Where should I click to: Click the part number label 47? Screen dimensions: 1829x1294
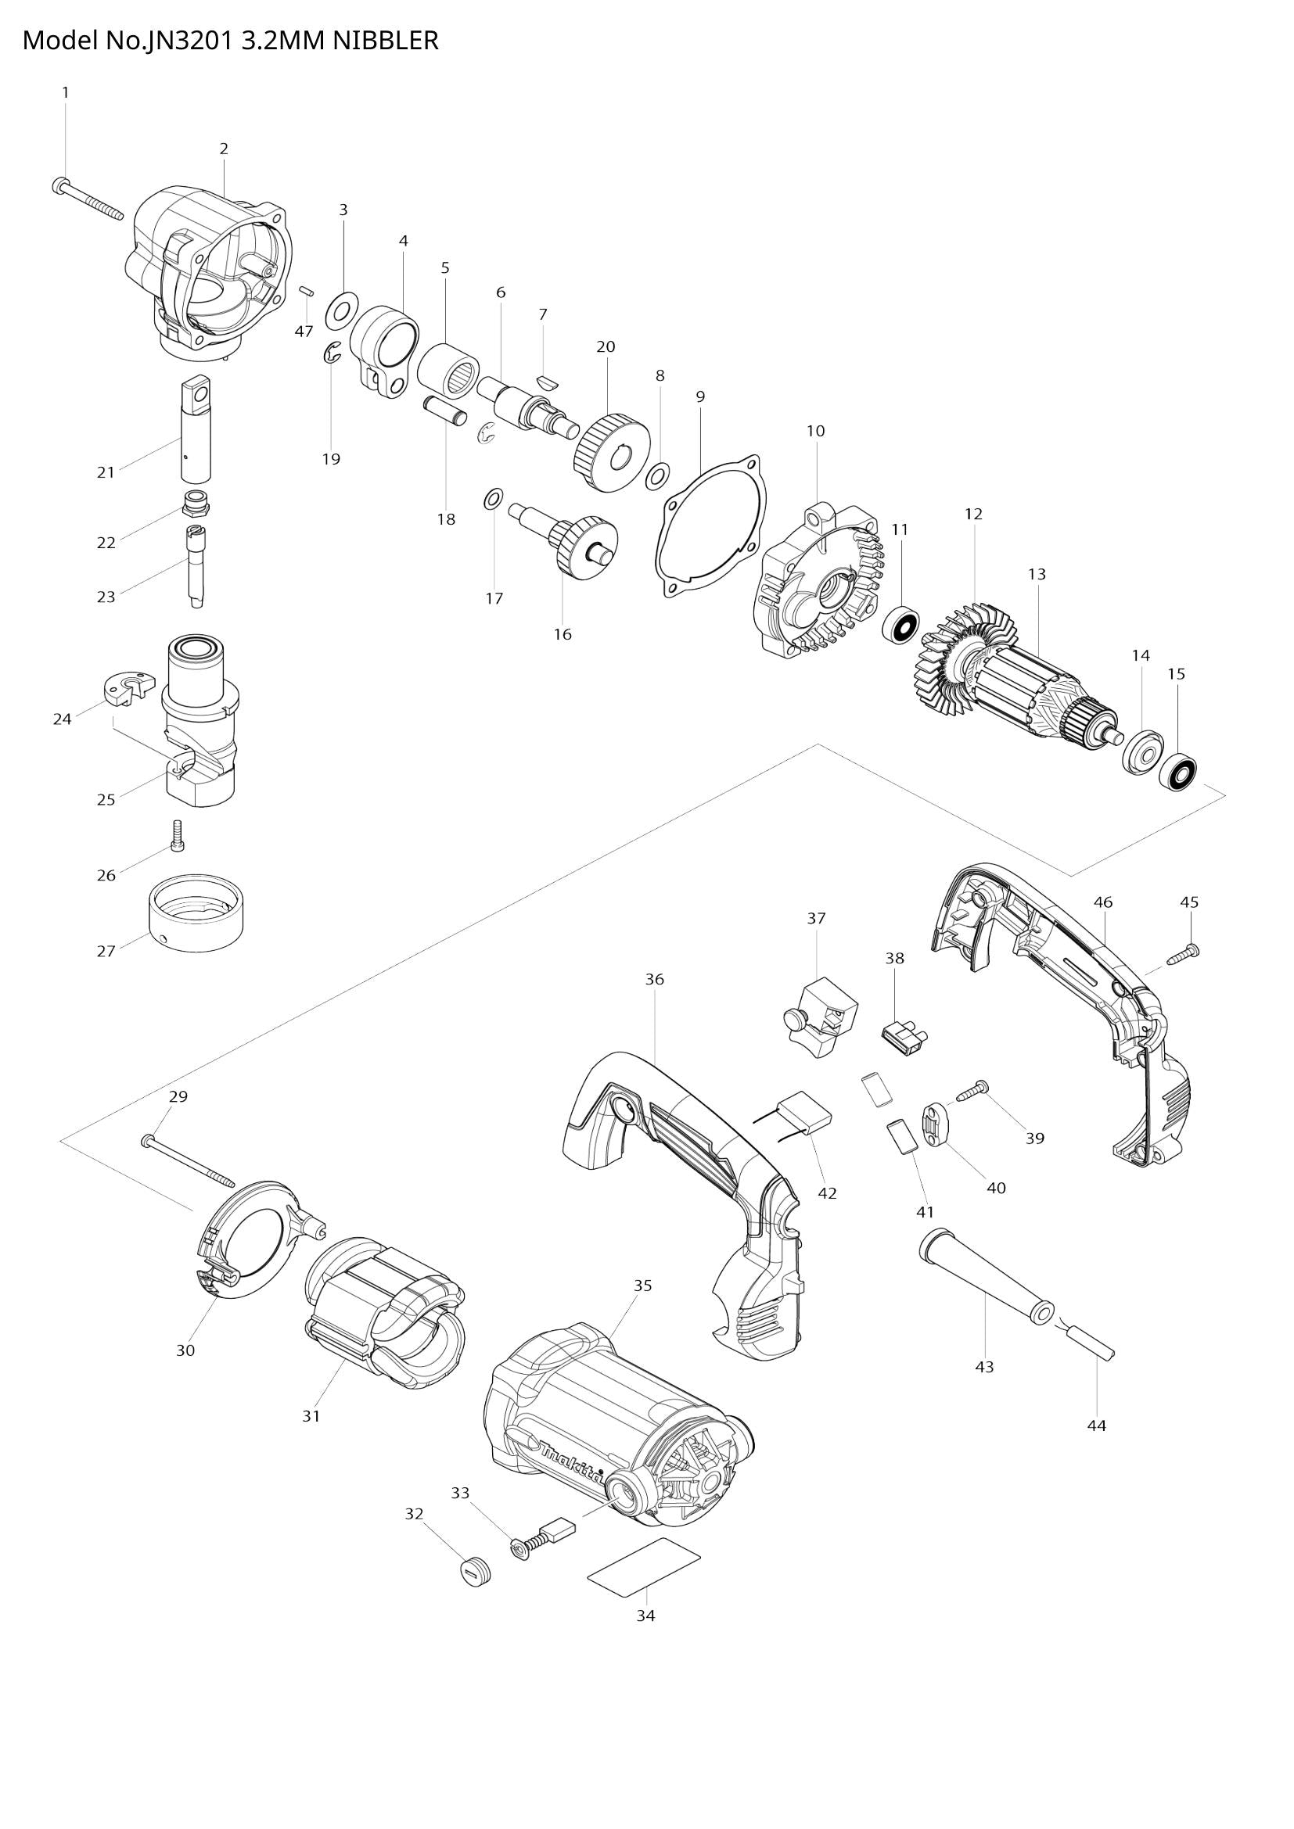point(304,332)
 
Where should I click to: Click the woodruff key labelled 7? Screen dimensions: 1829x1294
point(545,381)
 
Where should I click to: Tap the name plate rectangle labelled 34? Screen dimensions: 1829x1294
point(644,1564)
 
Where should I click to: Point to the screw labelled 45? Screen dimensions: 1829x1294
point(1183,954)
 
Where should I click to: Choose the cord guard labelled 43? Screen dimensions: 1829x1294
point(986,1285)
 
